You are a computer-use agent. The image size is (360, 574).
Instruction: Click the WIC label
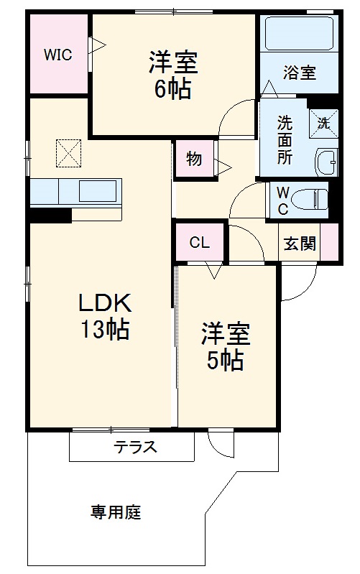(57, 55)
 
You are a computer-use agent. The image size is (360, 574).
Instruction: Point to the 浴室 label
(300, 73)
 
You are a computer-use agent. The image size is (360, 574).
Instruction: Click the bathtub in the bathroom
(298, 34)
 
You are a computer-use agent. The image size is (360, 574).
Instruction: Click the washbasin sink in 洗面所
(326, 162)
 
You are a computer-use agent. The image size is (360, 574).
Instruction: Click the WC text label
(282, 200)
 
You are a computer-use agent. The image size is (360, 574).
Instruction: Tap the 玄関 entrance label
(299, 244)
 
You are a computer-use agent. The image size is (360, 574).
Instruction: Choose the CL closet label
(200, 243)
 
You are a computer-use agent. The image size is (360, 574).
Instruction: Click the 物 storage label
(193, 159)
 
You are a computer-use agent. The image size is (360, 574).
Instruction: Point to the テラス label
(134, 447)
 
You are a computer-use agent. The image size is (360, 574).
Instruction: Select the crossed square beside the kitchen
(70, 152)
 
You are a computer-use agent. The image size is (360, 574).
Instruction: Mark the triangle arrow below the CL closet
(213, 271)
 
